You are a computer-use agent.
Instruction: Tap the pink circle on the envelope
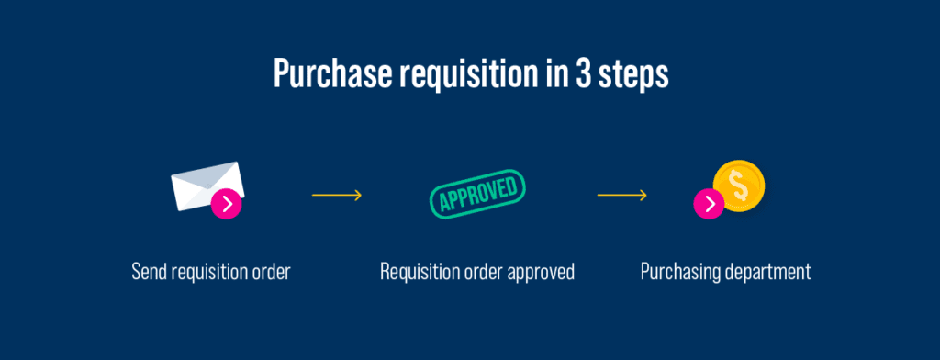pos(226,204)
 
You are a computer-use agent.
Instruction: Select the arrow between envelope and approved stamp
pos(337,195)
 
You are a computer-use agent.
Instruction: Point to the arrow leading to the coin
pos(622,195)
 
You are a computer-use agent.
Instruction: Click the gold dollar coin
pos(739,185)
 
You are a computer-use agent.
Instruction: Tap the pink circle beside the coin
pos(709,204)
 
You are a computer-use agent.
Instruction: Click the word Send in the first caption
pos(149,272)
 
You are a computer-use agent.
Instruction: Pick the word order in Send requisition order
pos(270,272)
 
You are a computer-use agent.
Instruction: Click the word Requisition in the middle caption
pos(419,272)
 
